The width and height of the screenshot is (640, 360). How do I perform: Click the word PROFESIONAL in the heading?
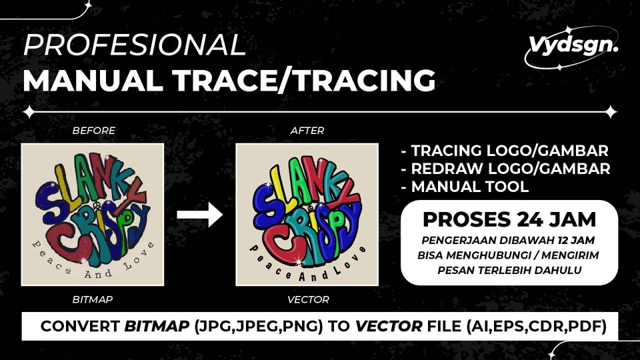pyautogui.click(x=134, y=45)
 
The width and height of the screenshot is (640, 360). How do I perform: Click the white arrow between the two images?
pyautogui.click(x=199, y=215)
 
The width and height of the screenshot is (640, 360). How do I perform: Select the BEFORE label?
pyautogui.click(x=93, y=131)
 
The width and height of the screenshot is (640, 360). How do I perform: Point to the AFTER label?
pyautogui.click(x=307, y=131)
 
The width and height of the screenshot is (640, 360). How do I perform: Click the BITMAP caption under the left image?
pyautogui.click(x=93, y=300)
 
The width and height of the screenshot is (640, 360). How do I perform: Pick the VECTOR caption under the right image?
pyautogui.click(x=308, y=300)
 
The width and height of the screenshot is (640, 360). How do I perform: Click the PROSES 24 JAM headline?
pyautogui.click(x=509, y=219)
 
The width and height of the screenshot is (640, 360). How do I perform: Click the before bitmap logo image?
pyautogui.click(x=93, y=215)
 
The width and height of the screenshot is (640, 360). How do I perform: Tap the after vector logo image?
pyautogui.click(x=307, y=215)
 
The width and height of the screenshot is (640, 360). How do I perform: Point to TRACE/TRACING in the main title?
pyautogui.click(x=299, y=81)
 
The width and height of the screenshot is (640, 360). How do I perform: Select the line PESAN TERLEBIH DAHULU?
pyautogui.click(x=509, y=270)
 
